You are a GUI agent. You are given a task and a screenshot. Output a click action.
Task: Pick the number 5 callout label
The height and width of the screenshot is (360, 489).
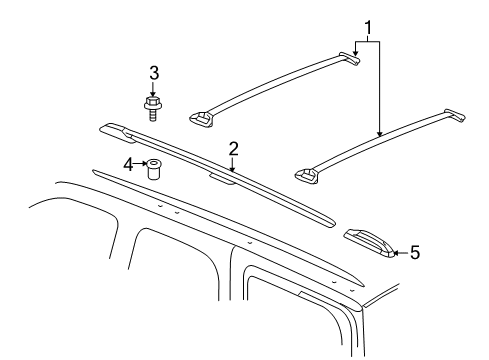[414, 252]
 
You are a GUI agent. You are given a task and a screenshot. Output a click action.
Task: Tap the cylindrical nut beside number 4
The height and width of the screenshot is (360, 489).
[154, 169]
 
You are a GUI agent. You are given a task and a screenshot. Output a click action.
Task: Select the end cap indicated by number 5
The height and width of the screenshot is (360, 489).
[369, 241]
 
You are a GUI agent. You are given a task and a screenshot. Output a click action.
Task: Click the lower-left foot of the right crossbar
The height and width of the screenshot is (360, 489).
[307, 177]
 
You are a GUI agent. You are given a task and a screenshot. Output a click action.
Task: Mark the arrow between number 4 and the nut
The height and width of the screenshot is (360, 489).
[141, 164]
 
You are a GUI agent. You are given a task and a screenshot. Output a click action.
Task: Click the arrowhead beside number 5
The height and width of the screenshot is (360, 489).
[397, 252]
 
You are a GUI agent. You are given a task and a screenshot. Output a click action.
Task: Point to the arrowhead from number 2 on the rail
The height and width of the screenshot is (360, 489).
[232, 171]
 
